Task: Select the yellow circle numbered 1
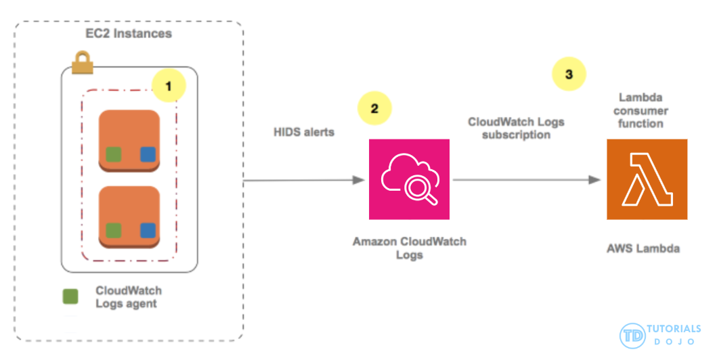(x=169, y=85)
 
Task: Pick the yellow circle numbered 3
(x=569, y=74)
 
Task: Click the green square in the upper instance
(x=113, y=154)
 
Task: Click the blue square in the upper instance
(x=148, y=154)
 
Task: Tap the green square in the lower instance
(x=113, y=230)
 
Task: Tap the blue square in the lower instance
(x=148, y=230)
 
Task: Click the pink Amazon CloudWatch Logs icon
(x=409, y=179)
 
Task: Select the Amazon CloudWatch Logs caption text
(x=409, y=248)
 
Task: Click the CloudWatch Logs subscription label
(x=516, y=128)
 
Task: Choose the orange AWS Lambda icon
(x=647, y=179)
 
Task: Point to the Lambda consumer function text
(x=643, y=111)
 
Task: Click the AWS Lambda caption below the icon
(x=643, y=249)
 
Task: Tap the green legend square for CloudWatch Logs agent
(x=70, y=296)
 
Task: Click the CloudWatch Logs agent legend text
(x=129, y=297)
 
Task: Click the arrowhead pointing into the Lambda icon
(x=596, y=180)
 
